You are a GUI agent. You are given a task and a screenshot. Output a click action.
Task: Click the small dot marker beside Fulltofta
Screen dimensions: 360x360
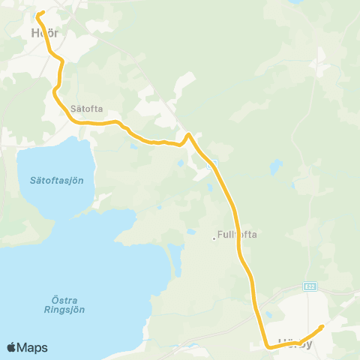(x=214, y=239)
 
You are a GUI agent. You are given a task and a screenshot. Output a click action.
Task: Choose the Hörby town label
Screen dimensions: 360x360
(x=294, y=343)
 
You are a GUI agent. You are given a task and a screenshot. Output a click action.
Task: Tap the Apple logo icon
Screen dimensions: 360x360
(x=12, y=347)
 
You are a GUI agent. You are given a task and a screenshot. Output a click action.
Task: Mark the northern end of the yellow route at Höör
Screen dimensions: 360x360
(x=40, y=13)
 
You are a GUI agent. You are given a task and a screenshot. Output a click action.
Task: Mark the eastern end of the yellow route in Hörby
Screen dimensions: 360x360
(x=322, y=326)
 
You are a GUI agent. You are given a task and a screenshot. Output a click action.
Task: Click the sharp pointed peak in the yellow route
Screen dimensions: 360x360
(x=189, y=135)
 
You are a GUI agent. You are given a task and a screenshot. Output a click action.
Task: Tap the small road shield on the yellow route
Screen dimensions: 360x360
(x=213, y=163)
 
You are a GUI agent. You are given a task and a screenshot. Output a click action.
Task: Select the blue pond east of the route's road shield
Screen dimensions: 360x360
(x=277, y=163)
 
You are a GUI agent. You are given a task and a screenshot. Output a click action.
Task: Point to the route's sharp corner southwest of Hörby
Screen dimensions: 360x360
(x=268, y=346)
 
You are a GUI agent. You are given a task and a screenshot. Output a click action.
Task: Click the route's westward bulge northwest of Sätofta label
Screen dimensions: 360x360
(x=55, y=91)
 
